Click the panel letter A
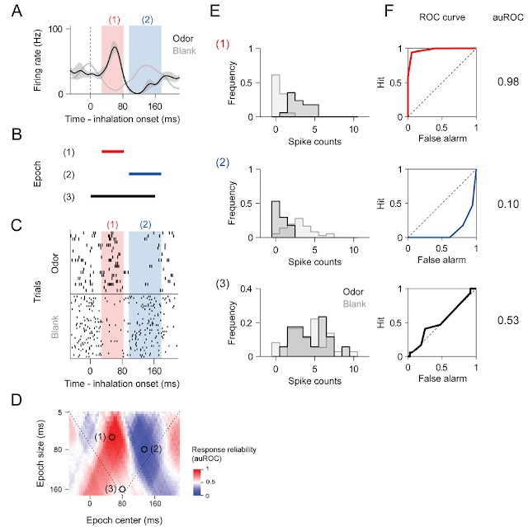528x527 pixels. tap(16, 11)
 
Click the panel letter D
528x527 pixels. tap(16, 400)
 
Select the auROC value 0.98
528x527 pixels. tap(508, 82)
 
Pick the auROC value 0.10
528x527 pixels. tap(508, 204)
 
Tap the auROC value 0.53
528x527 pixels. tap(508, 320)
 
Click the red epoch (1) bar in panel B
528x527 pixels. tap(113, 152)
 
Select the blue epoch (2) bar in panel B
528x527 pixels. tap(145, 174)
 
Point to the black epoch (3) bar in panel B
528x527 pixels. tap(123, 195)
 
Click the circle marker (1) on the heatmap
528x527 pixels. tap(112, 437)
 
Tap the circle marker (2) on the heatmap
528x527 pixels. tap(144, 449)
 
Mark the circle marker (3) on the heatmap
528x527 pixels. tap(122, 489)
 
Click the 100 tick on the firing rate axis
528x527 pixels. tap(55, 29)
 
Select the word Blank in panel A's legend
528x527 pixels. tap(184, 51)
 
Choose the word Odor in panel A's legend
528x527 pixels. tap(183, 39)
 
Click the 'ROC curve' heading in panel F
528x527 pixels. tap(442, 17)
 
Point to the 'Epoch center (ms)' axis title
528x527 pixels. tap(125, 520)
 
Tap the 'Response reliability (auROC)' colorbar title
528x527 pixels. tap(224, 454)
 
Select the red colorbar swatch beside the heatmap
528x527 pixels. tap(198, 475)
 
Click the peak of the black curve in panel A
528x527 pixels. tap(115, 47)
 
